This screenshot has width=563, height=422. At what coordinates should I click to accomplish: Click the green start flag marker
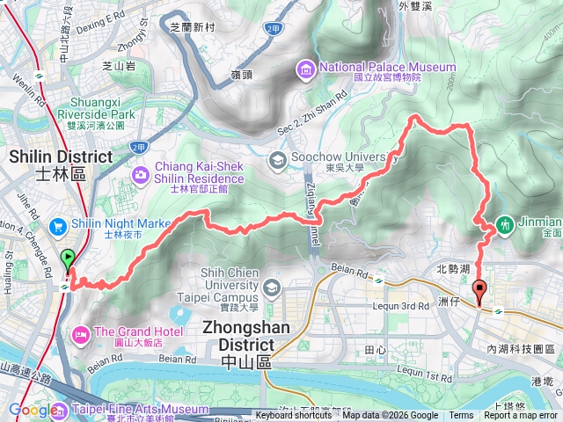[68, 259]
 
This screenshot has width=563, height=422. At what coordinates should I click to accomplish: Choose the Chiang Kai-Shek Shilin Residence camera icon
[141, 176]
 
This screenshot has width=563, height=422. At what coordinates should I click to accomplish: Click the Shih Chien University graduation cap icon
[271, 287]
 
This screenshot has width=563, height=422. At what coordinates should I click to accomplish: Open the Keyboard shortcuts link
[294, 416]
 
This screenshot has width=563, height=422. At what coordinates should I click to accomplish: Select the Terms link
[461, 416]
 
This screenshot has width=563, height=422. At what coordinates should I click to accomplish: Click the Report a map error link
[521, 416]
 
